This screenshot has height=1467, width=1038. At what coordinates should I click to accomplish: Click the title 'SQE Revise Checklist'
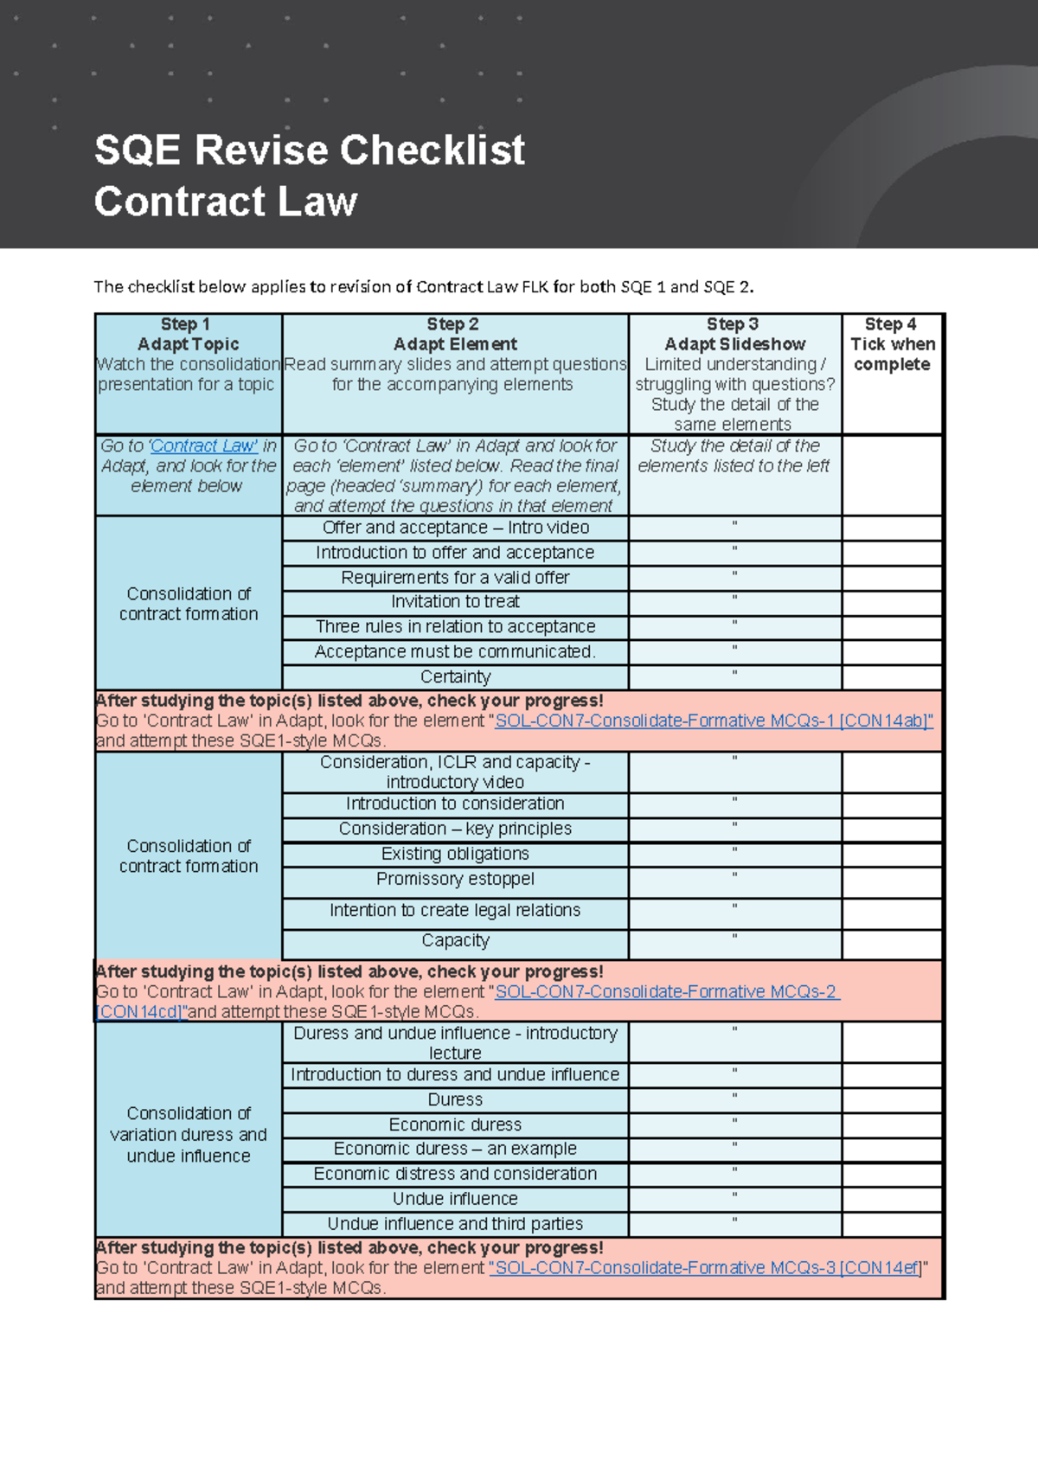pos(309,151)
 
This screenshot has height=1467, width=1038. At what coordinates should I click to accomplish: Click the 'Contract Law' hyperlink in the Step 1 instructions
pos(204,446)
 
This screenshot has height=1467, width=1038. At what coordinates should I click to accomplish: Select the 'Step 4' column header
pos(891,324)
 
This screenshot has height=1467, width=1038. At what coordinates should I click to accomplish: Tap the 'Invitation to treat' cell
pos(455,602)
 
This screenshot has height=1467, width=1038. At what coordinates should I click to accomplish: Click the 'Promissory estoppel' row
pos(455,880)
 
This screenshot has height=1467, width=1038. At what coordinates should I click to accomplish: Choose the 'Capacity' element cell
pos(455,941)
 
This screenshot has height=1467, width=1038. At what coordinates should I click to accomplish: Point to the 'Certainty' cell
pos(455,677)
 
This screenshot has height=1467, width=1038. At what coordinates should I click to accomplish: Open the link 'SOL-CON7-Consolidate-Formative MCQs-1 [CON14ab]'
pos(713,721)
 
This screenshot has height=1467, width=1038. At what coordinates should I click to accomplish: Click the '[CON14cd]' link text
pos(140,1012)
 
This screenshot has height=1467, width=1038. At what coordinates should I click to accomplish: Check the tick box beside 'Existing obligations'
pos(892,855)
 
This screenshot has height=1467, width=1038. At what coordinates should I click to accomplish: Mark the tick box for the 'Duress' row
pos(892,1100)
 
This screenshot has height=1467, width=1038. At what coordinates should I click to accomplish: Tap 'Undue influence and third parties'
pos(455,1225)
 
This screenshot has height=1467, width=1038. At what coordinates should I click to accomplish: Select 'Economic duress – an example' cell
pos(455,1150)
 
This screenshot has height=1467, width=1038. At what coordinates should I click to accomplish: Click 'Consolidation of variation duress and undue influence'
pos(189,1135)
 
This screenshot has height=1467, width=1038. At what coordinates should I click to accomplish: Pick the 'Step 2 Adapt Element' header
pos(455,335)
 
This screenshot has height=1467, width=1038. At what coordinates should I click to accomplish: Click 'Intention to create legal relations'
pos(455,911)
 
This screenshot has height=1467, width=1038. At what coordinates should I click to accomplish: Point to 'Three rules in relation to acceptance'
pos(455,627)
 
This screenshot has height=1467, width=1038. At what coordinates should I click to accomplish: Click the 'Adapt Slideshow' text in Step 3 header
pos(734,344)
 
